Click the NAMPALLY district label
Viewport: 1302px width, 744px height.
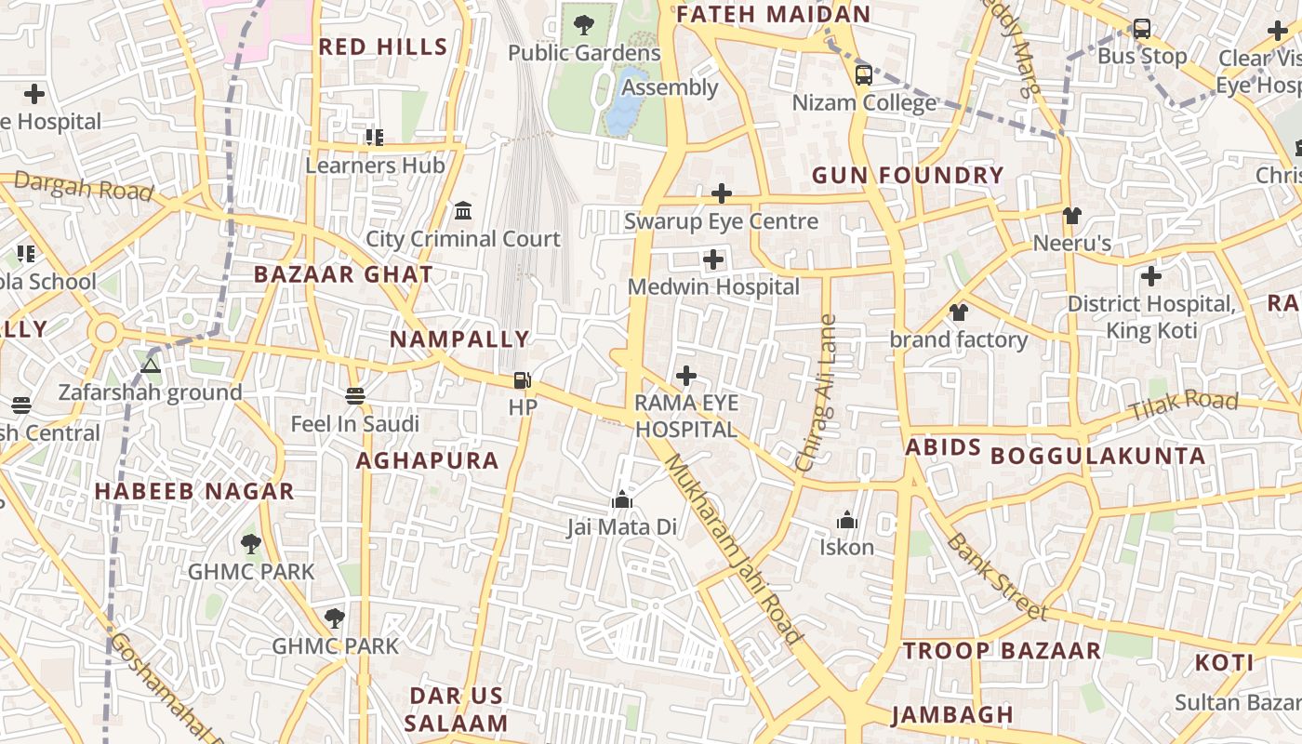(x=459, y=339)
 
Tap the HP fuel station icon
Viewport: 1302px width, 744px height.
(x=523, y=379)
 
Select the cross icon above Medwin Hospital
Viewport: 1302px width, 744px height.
(x=713, y=259)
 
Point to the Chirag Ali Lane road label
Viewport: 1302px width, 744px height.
(x=817, y=393)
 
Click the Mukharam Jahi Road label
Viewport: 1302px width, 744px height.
(x=734, y=549)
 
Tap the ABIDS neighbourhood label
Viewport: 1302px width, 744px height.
(x=944, y=448)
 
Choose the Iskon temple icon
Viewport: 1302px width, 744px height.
(x=847, y=520)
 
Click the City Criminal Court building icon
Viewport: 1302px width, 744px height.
(x=463, y=211)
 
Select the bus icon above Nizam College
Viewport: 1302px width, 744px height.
(x=864, y=74)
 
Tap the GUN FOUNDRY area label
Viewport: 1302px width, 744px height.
(x=908, y=176)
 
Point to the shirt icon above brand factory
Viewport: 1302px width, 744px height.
(x=959, y=312)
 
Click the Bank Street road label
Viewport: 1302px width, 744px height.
(x=996, y=577)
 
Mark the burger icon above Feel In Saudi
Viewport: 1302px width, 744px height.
(x=354, y=396)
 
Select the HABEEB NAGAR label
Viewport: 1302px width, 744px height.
(x=194, y=492)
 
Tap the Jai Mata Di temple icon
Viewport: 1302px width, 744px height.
(x=622, y=500)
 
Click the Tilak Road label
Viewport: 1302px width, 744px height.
(x=1183, y=405)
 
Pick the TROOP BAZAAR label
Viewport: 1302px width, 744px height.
(x=1002, y=651)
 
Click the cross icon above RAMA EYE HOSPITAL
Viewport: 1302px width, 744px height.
(x=686, y=376)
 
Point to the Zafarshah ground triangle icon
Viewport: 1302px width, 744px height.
(x=151, y=365)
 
